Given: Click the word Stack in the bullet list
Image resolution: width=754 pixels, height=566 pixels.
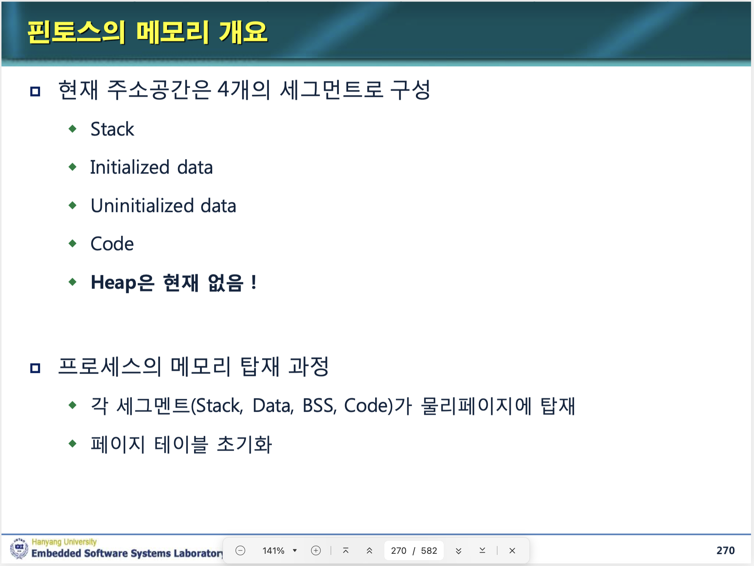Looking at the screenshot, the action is point(112,129).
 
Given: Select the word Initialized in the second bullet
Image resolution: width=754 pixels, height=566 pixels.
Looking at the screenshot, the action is point(130,167).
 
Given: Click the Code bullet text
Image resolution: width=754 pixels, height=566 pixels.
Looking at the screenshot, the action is point(112,244).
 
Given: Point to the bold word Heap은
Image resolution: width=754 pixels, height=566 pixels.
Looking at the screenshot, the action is point(122,283).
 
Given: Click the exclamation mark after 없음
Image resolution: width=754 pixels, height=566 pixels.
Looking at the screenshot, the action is point(254,283).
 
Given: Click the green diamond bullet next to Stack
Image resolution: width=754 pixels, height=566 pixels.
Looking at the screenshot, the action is point(73,129).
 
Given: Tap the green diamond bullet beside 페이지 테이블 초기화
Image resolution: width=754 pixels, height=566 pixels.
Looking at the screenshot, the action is point(73,443).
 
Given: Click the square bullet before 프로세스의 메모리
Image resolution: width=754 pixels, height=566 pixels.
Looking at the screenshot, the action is point(35,368).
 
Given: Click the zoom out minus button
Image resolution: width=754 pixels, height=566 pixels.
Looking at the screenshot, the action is point(240,550).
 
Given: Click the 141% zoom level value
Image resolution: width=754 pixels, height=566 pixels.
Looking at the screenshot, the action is point(273,551).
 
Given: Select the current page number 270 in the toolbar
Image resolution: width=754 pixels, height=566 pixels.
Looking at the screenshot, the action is point(398,551).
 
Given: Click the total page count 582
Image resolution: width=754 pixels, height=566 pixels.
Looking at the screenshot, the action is point(429,551).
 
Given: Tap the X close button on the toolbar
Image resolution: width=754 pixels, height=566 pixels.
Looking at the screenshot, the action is point(512,551).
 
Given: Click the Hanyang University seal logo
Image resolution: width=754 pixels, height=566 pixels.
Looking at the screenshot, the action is point(19,548).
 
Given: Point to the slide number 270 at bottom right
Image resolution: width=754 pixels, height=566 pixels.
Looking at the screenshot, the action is point(725,550).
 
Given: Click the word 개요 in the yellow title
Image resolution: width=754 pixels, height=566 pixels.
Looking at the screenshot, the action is point(243,32).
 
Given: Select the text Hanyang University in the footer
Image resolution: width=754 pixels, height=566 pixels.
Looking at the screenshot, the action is point(64,542).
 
